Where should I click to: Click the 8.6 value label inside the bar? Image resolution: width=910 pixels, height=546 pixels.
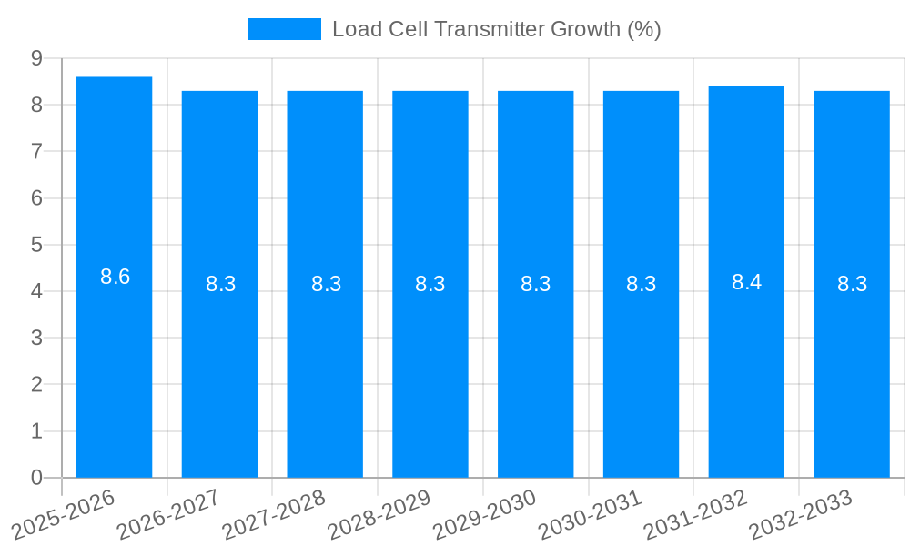(x=116, y=277)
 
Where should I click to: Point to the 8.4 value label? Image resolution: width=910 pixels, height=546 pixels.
(x=746, y=282)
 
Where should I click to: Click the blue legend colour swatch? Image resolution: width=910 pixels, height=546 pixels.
(x=285, y=29)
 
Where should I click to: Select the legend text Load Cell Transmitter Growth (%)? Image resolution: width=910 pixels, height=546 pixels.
(x=496, y=29)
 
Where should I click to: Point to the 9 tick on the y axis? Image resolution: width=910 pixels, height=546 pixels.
(x=37, y=58)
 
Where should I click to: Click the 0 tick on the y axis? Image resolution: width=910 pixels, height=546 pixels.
(x=37, y=478)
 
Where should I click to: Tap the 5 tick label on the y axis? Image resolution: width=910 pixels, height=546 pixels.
(x=37, y=245)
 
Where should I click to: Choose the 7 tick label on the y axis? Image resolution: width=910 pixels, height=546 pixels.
(x=37, y=151)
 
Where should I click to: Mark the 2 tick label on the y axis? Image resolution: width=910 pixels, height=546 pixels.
(x=37, y=385)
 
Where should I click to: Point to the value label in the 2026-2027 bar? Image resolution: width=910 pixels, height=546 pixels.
(x=220, y=284)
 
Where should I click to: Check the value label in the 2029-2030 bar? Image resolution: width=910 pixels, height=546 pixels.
(x=536, y=284)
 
